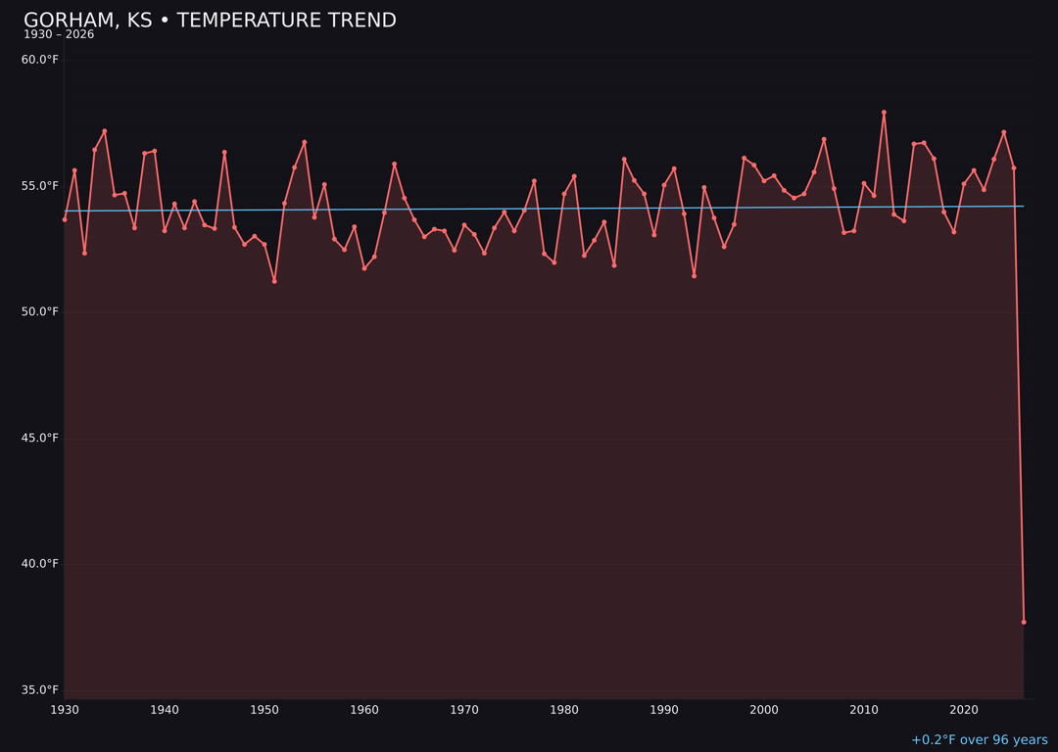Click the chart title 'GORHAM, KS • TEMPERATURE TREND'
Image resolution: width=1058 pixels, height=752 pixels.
pyautogui.click(x=210, y=21)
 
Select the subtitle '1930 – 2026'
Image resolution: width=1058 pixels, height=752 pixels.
pyautogui.click(x=59, y=35)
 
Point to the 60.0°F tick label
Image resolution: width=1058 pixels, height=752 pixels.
pyautogui.click(x=40, y=60)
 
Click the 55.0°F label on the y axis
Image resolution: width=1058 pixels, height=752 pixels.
pyautogui.click(x=40, y=186)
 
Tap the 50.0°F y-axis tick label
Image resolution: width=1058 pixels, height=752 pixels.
pyautogui.click(x=40, y=312)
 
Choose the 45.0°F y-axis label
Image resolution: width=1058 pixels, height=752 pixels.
pyautogui.click(x=40, y=438)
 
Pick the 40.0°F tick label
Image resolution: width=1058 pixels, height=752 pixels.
pyautogui.click(x=40, y=564)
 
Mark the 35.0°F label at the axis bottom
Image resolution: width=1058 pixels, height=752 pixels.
pyautogui.click(x=40, y=690)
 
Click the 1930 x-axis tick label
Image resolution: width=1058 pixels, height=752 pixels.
pyautogui.click(x=65, y=710)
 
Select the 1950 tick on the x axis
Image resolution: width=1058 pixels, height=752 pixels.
pyautogui.click(x=264, y=710)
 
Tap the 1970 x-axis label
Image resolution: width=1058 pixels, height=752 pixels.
pyautogui.click(x=464, y=710)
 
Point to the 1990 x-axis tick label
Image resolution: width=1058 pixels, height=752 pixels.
pyautogui.click(x=664, y=710)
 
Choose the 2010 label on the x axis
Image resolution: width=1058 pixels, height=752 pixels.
pyautogui.click(x=864, y=710)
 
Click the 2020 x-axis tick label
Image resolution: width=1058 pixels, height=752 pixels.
pyautogui.click(x=964, y=710)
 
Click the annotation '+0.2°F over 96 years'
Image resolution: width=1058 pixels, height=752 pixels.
pyautogui.click(x=979, y=740)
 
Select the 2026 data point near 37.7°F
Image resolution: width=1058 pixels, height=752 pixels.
pyautogui.click(x=1024, y=622)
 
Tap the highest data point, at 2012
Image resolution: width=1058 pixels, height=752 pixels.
pyautogui.click(x=884, y=113)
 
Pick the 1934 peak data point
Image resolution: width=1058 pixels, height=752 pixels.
pyautogui.click(x=105, y=131)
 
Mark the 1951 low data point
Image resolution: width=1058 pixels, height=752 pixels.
pyautogui.click(x=274, y=281)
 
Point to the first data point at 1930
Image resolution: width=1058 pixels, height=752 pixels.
pyautogui.click(x=65, y=219)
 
